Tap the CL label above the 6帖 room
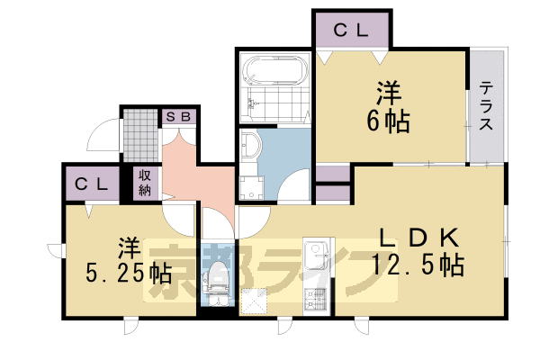pos(352,30)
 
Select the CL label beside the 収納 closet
pos(91,184)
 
